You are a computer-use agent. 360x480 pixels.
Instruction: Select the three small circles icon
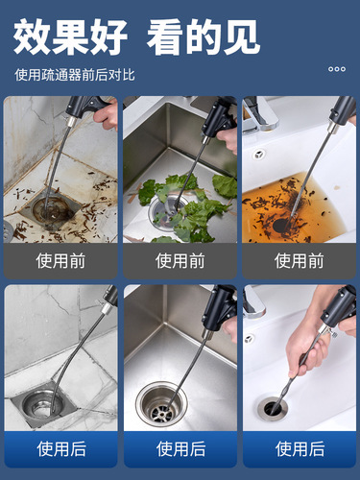tap(336, 69)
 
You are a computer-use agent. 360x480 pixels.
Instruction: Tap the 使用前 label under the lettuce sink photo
tap(180, 260)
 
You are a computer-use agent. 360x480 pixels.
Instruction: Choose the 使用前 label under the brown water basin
tap(299, 260)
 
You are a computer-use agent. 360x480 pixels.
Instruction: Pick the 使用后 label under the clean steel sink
tap(180, 448)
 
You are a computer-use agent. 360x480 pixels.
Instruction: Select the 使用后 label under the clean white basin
tap(299, 448)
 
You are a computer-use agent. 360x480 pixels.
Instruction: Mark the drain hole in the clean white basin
tap(275, 407)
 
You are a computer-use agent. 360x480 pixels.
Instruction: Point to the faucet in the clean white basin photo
tap(252, 305)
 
